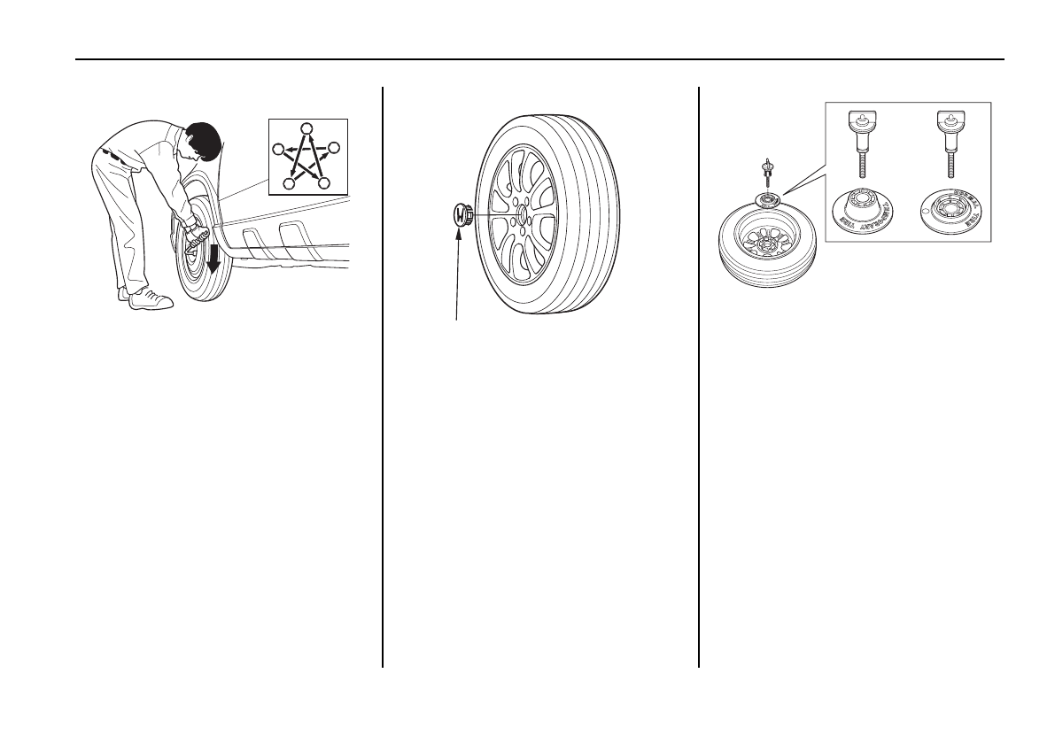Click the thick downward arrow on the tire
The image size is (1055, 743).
point(213,256)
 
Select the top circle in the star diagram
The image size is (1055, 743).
point(306,128)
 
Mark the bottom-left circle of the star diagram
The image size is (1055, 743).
point(289,183)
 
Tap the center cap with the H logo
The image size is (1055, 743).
point(460,215)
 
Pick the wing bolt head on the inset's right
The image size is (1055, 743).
point(950,119)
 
